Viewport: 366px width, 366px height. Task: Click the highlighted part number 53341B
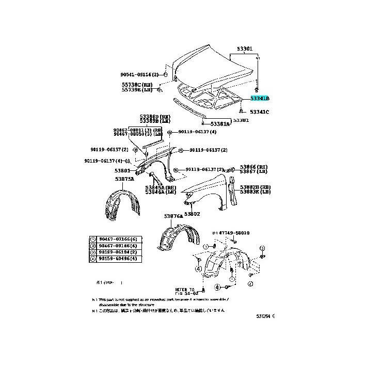(x=260, y=98)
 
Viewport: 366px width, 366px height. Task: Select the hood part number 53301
(x=245, y=49)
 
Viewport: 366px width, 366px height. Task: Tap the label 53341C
(x=260, y=112)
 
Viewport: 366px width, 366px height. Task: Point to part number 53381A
(x=219, y=124)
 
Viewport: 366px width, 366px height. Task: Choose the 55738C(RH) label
(x=137, y=84)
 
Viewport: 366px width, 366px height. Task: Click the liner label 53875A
(x=124, y=179)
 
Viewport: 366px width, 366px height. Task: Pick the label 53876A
(x=173, y=216)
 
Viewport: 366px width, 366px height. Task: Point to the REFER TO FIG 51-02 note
(x=184, y=292)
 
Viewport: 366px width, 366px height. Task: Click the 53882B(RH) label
(x=258, y=187)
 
